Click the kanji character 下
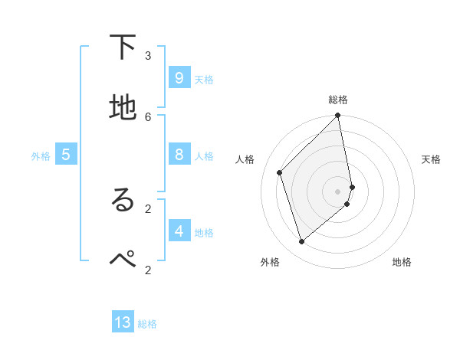(x=123, y=47)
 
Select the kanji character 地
(x=123, y=108)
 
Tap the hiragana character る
(x=123, y=201)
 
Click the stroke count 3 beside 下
(x=148, y=55)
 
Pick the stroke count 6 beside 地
(x=148, y=116)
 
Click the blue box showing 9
(x=179, y=78)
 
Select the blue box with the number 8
(x=179, y=155)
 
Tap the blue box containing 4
(x=179, y=231)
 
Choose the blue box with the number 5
(x=66, y=155)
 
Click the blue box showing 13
(x=123, y=322)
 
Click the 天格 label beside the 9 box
(x=204, y=80)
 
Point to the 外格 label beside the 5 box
(x=41, y=156)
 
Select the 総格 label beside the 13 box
(x=147, y=324)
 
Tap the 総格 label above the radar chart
(x=338, y=100)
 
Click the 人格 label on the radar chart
(x=245, y=159)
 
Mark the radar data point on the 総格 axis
(x=338, y=116)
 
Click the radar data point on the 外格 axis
(x=302, y=242)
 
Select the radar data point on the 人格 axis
(x=280, y=172)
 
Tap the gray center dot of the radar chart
(x=338, y=191)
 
